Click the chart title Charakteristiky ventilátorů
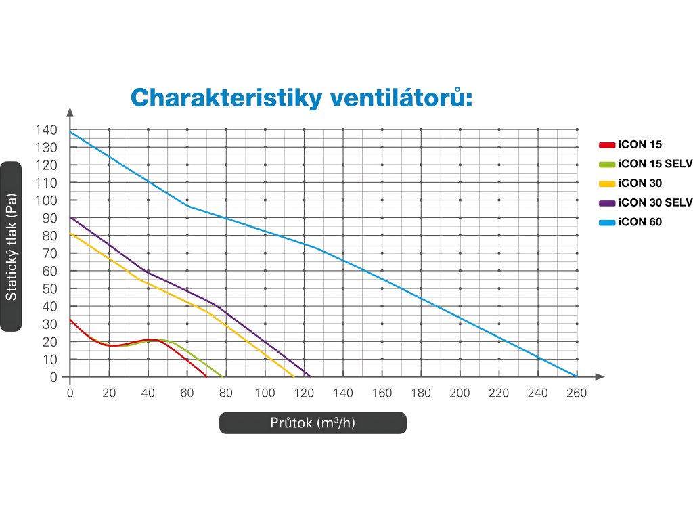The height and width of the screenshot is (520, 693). (x=300, y=97)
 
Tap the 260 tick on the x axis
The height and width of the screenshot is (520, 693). (x=577, y=393)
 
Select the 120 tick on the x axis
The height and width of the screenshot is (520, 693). (x=304, y=393)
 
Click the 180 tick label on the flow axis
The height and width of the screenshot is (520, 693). (x=421, y=393)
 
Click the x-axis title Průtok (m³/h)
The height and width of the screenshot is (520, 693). (x=313, y=423)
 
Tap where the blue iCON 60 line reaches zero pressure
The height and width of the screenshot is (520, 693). (x=577, y=376)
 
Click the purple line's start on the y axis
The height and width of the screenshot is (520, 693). (x=70, y=217)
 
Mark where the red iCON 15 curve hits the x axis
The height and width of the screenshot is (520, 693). (x=206, y=376)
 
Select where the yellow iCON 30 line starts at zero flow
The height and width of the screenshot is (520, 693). (x=70, y=234)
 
